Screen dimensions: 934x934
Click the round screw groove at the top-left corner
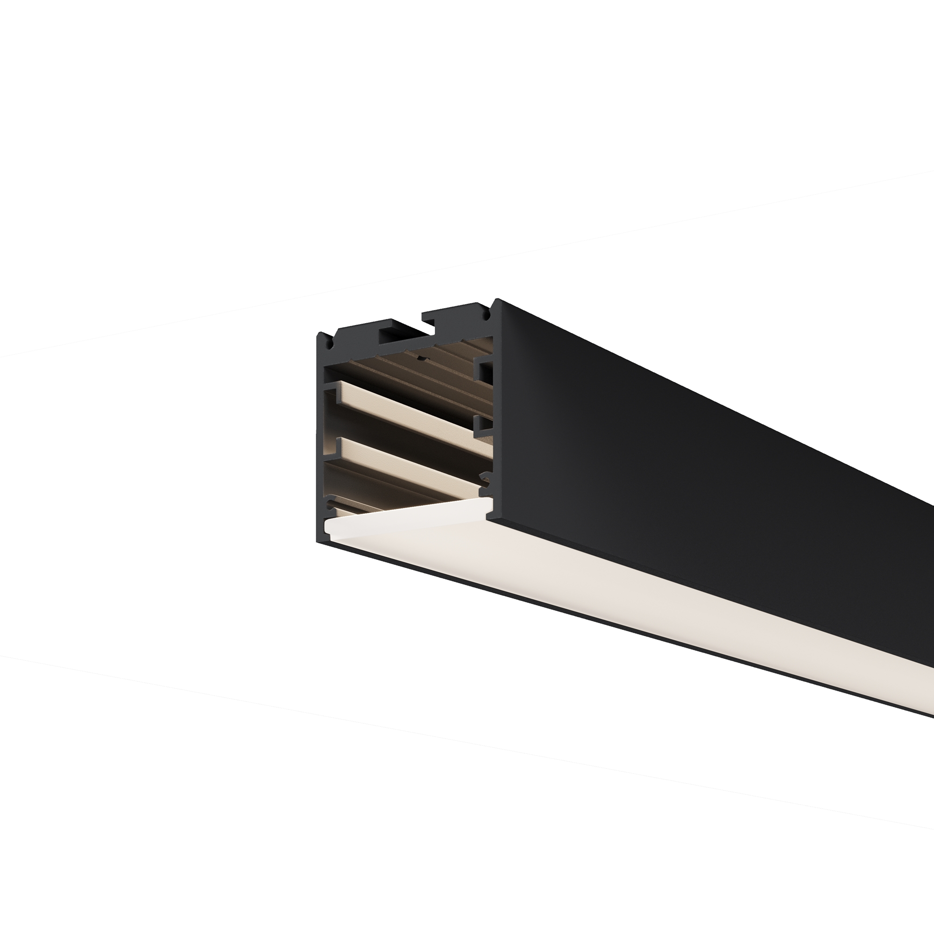click(x=330, y=345)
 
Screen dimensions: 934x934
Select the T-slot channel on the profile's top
click(x=405, y=333)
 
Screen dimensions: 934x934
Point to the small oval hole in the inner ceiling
click(x=422, y=359)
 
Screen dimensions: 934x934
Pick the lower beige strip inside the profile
click(x=411, y=462)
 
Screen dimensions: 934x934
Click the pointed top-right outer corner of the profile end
click(x=498, y=301)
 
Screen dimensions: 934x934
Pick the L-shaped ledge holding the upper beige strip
click(x=331, y=389)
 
